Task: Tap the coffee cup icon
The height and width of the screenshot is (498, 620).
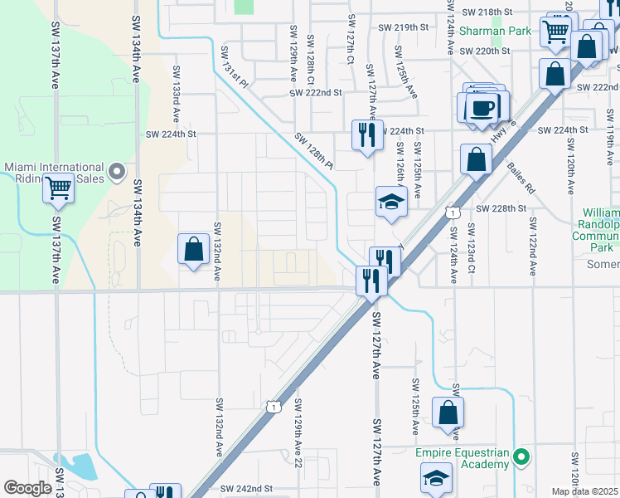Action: [482, 107]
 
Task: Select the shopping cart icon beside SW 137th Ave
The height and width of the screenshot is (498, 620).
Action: [58, 189]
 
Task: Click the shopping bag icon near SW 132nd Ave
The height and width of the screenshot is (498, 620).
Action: [193, 249]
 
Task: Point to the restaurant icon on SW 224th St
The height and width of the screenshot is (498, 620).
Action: [367, 134]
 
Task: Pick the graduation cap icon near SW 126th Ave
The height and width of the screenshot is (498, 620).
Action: [391, 202]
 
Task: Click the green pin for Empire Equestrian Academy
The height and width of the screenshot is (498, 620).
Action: [521, 456]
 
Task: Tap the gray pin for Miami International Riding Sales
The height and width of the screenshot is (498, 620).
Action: [117, 173]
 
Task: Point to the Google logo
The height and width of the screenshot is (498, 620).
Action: [27, 487]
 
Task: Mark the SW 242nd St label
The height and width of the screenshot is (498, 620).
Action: [247, 489]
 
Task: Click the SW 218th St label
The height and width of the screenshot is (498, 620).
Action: [487, 12]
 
